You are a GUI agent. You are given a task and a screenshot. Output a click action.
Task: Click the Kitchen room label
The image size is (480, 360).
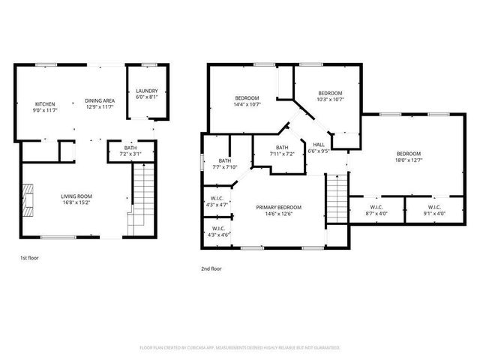45,107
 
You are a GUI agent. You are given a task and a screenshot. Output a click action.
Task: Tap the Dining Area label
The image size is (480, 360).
99,104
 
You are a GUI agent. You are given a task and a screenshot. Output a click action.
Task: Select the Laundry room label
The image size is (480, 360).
146,94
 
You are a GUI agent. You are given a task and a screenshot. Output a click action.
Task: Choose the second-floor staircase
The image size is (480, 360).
337,199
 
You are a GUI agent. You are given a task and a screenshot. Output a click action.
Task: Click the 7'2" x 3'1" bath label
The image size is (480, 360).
130,151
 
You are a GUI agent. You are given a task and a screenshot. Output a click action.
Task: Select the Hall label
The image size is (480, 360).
319,148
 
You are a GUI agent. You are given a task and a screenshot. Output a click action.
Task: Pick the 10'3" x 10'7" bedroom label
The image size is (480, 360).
329,96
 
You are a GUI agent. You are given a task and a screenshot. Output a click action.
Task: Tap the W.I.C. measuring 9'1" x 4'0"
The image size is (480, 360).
433,210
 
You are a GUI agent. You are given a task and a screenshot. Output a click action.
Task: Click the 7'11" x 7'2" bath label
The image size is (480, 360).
282,151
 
